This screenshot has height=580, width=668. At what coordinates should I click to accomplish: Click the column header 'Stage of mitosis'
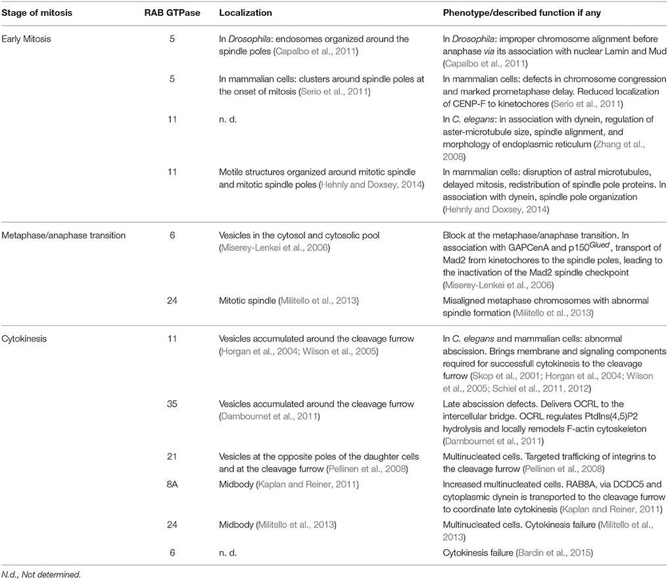pos(41,12)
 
